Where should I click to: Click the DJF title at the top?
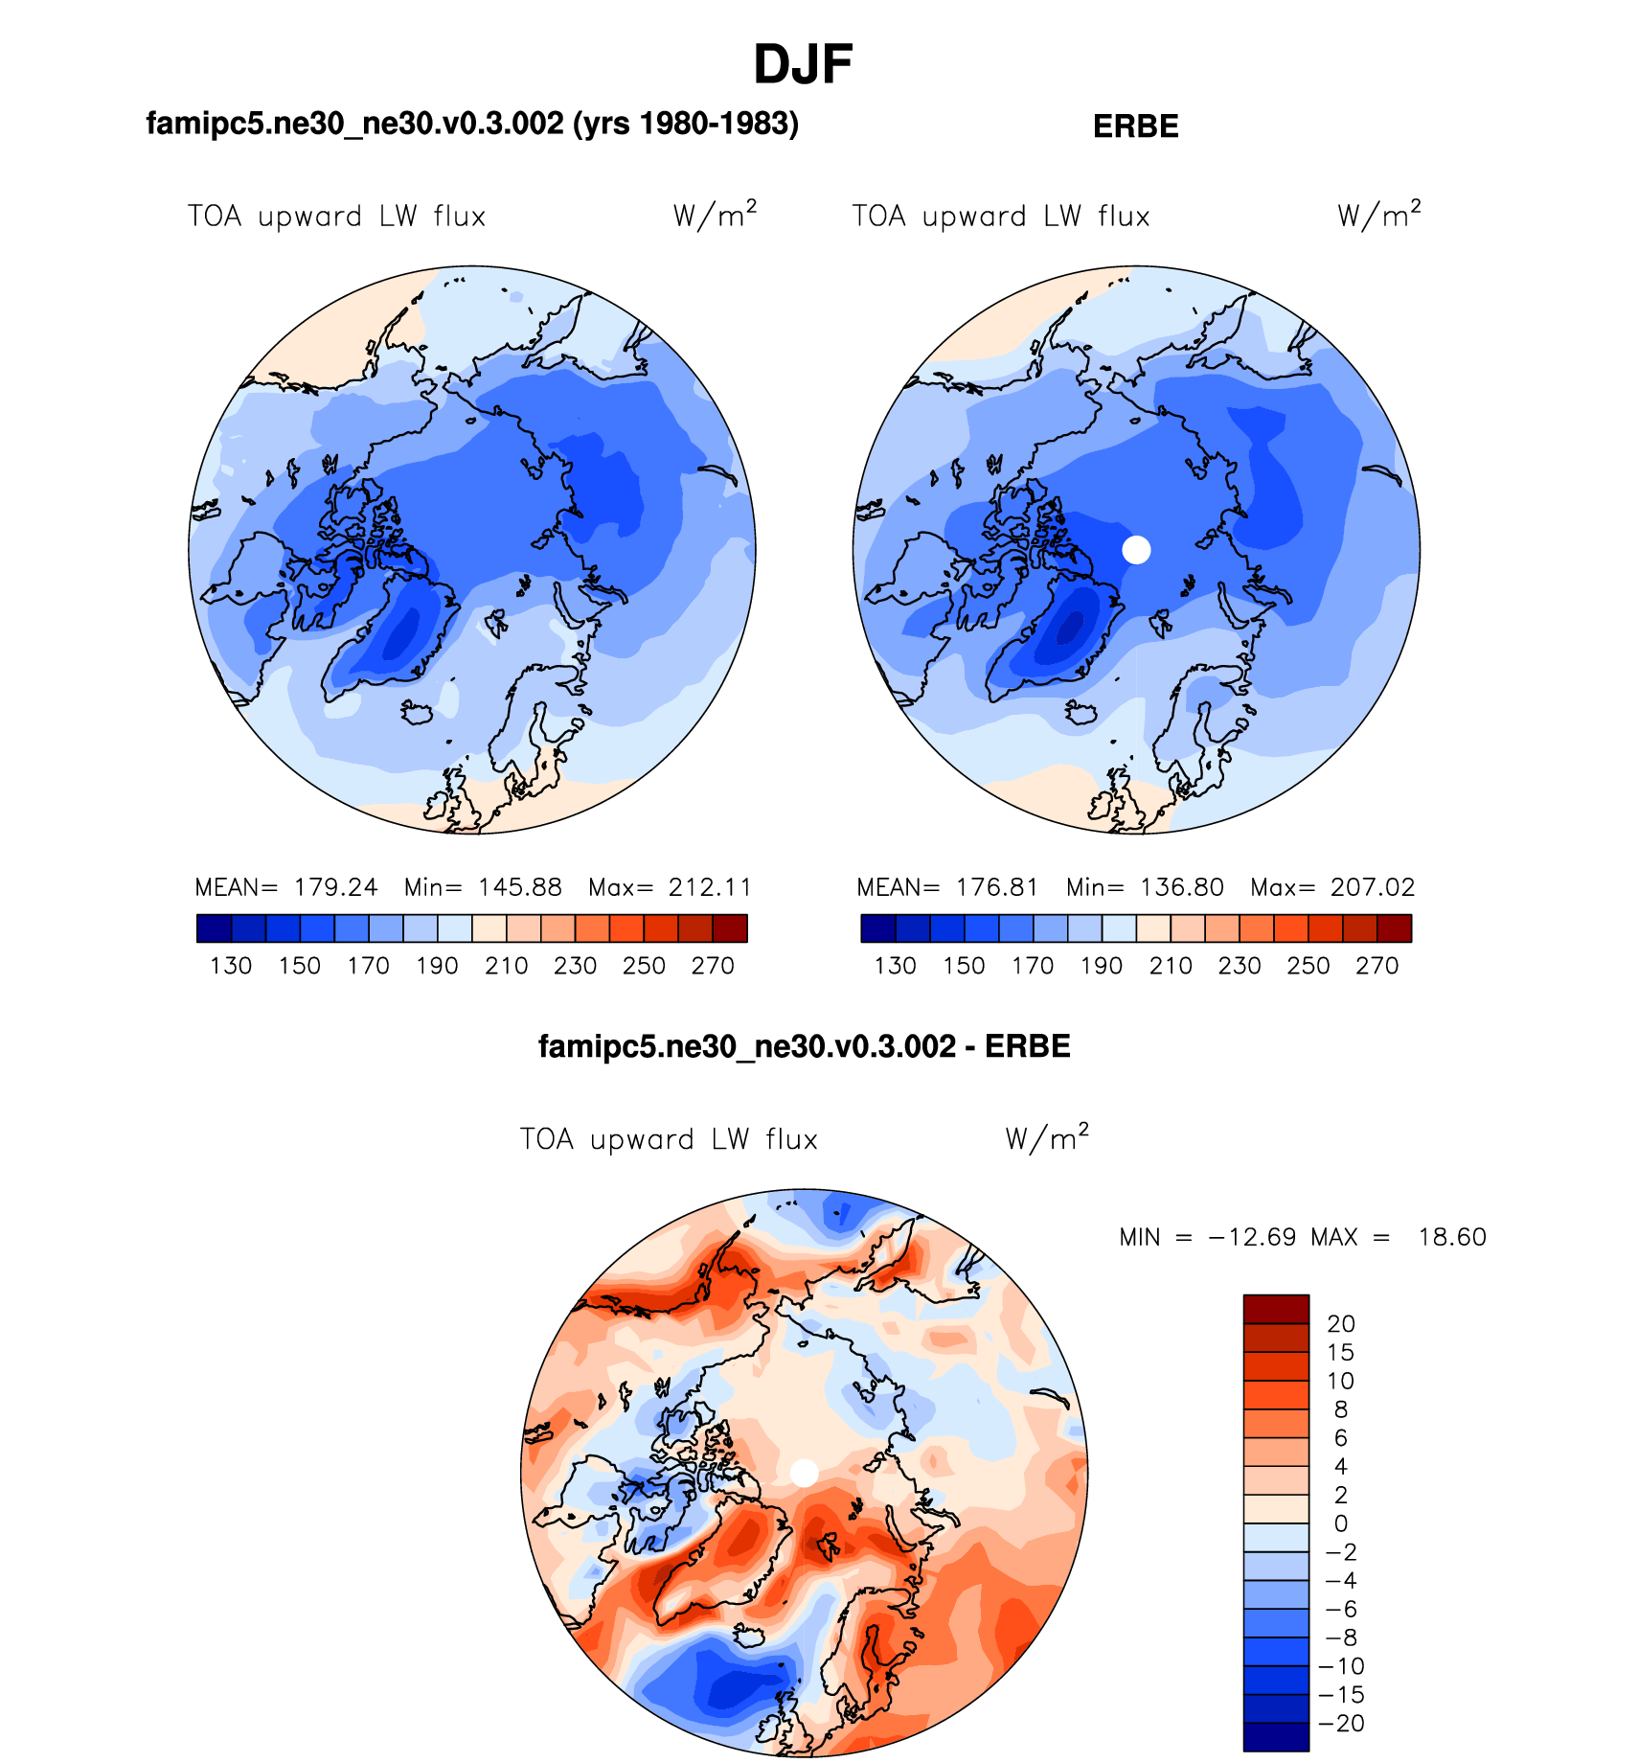pos(803,65)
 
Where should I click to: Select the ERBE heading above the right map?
pos(1135,126)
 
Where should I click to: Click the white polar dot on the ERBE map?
pos(1136,550)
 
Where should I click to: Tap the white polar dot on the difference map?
pos(804,1473)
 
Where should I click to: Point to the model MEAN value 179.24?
pos(335,887)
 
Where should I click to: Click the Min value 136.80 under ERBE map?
pos(1182,887)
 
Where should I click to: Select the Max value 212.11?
pos(710,887)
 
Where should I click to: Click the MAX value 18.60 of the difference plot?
pos(1452,1237)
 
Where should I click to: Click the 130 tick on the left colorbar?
pos(231,966)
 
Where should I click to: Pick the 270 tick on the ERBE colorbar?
pos(1377,966)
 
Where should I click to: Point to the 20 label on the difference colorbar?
pos(1341,1324)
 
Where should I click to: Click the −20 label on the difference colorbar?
pos(1343,1724)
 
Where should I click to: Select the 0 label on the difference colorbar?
pos(1341,1523)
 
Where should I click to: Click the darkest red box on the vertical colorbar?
pos(1276,1309)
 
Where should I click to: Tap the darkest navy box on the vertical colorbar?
pos(1276,1737)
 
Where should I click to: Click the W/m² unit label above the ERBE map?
pos(1379,215)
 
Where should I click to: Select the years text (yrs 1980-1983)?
pos(686,124)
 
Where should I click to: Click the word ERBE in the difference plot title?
pos(1027,1046)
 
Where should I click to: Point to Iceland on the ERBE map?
pos(1081,713)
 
